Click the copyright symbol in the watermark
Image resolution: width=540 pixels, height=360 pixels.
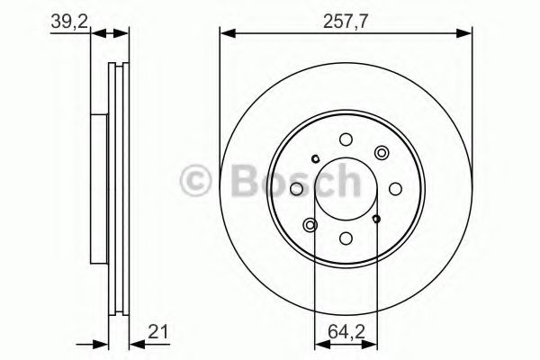click(197, 182)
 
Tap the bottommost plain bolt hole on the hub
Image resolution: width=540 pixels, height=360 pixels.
click(346, 238)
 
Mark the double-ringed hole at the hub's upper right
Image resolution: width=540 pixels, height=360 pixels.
click(382, 153)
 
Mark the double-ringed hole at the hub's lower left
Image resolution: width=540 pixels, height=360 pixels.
click(311, 224)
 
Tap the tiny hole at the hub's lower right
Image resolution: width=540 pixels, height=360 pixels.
click(377, 219)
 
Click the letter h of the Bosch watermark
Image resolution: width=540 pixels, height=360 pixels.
click(345, 182)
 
